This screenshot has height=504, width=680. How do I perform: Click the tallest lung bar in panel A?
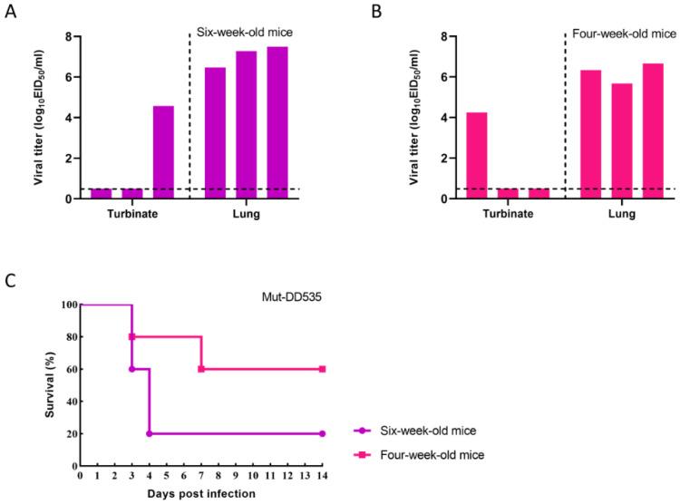pos(277,122)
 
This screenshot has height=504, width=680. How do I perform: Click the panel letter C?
pos(9,280)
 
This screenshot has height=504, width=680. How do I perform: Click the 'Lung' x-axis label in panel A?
pos(247,215)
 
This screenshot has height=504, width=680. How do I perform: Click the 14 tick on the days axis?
pos(322,476)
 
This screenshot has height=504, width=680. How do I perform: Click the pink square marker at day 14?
pos(322,369)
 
